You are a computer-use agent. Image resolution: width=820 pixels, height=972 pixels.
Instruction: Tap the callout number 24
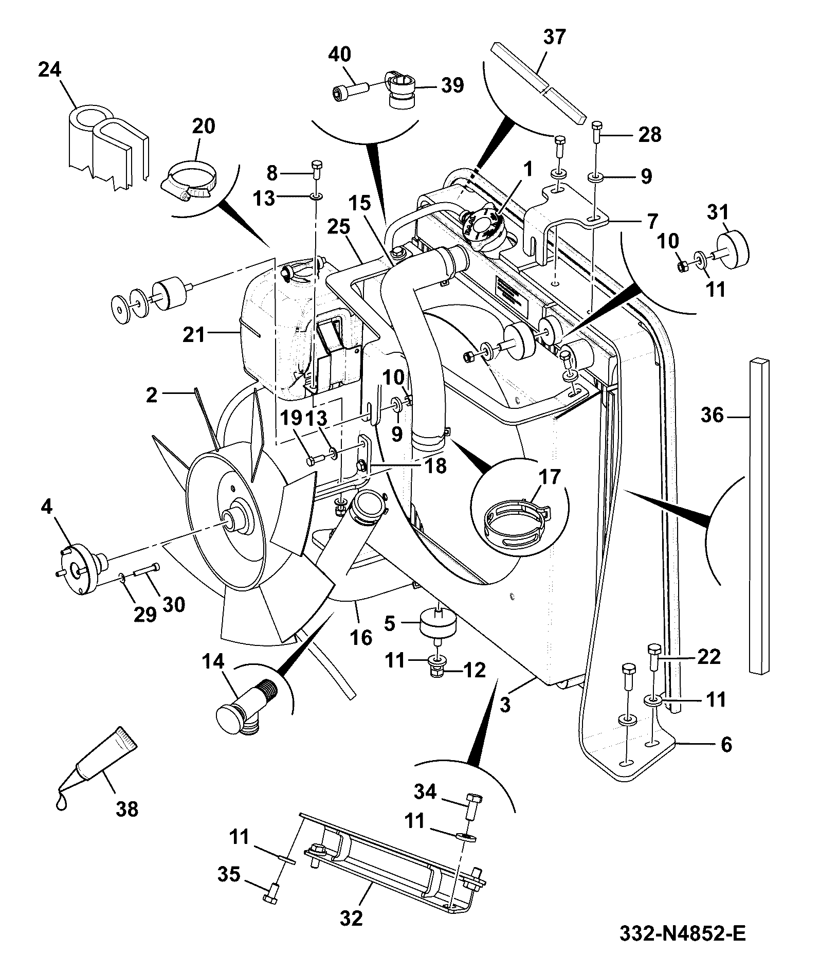(x=50, y=69)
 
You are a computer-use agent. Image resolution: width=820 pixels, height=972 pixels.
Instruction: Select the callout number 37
(x=554, y=38)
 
